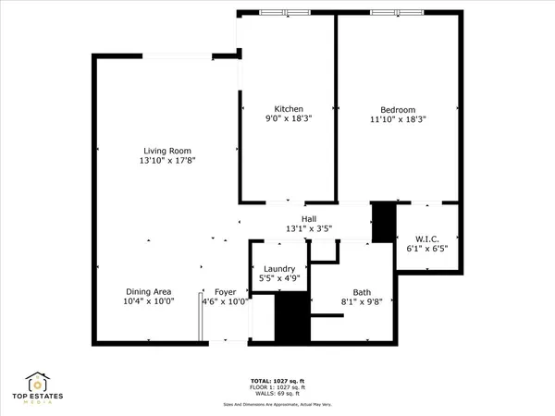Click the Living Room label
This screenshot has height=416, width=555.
(x=167, y=151)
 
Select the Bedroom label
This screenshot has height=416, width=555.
(x=397, y=109)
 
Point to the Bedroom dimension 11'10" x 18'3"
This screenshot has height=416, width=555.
(x=397, y=119)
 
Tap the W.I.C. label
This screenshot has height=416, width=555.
(x=425, y=238)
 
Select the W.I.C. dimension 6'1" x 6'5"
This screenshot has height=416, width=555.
(x=425, y=248)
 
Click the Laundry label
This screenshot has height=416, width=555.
(x=277, y=269)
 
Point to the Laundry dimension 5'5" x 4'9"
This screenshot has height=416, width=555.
(x=277, y=279)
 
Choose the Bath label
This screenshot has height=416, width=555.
(x=348, y=290)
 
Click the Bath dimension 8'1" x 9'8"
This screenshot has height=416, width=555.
(x=348, y=300)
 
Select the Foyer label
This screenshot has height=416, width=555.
(x=225, y=291)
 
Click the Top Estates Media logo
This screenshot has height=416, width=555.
(x=38, y=386)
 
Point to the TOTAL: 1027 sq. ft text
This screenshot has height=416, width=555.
(x=278, y=381)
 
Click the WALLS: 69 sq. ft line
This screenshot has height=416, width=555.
(x=278, y=394)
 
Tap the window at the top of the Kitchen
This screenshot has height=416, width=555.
(x=285, y=13)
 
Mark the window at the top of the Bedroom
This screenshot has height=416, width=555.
(x=397, y=13)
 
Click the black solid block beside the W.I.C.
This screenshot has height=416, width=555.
(x=382, y=222)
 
